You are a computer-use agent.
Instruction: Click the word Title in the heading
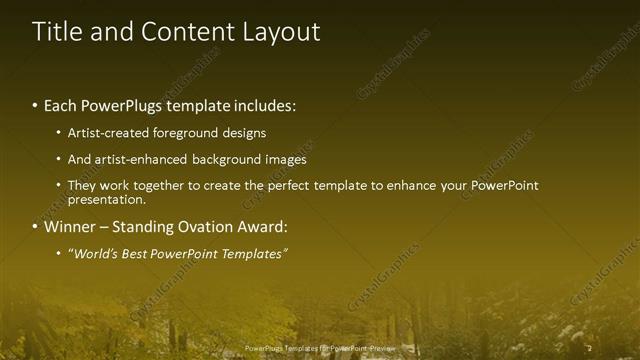pyautogui.click(x=56, y=32)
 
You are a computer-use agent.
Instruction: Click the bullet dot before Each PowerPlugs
pyautogui.click(x=36, y=106)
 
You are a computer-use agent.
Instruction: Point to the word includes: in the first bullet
pyautogui.click(x=265, y=105)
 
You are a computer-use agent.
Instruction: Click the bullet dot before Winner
pyautogui.click(x=36, y=226)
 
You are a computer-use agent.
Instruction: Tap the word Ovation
pyautogui.click(x=215, y=226)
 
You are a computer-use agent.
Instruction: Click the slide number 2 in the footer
pyautogui.click(x=590, y=348)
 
